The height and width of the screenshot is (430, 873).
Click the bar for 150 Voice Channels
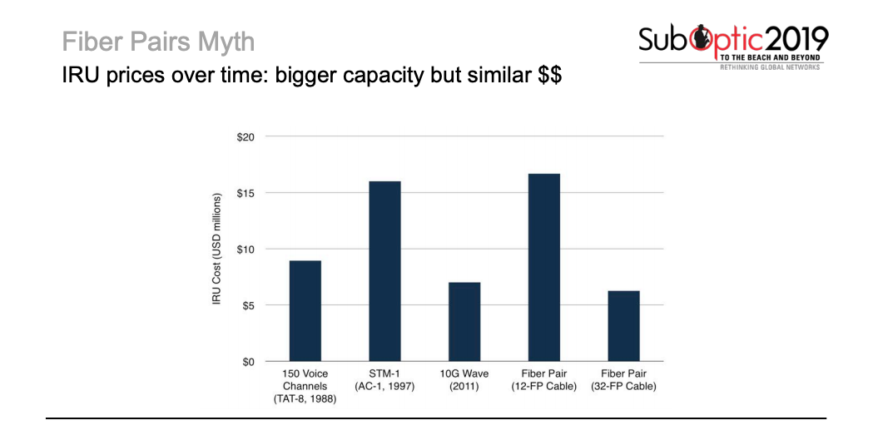click(305, 311)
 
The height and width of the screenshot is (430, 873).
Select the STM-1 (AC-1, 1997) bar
click(384, 271)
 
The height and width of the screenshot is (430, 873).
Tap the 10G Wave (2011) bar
click(464, 322)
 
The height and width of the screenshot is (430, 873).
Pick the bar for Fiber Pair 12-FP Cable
click(543, 268)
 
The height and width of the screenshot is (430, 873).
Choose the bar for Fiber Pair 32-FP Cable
click(623, 326)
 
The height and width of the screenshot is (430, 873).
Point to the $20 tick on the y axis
click(246, 136)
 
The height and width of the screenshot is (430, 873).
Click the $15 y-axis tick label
click(246, 193)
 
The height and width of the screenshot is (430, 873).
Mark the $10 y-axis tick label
click(246, 250)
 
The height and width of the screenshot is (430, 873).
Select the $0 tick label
click(249, 362)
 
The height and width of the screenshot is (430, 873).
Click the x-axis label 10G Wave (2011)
click(464, 380)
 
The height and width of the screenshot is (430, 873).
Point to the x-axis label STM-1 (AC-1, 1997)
click(384, 380)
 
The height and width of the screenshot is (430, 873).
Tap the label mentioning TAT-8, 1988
click(305, 399)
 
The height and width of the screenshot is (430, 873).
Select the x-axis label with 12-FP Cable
click(543, 387)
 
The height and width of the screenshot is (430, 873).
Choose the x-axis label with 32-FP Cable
click(623, 387)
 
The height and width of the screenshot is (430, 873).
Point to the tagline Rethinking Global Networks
click(770, 67)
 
